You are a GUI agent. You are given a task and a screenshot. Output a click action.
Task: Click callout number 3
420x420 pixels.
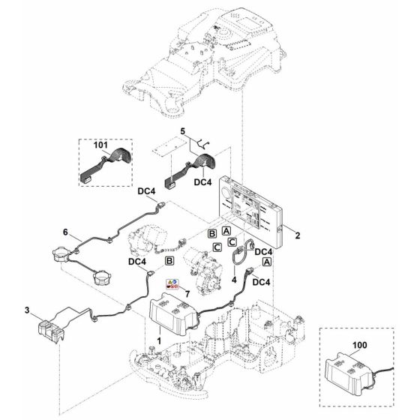pos(28,310)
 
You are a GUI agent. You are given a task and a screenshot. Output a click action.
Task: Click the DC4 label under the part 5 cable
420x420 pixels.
pos(202,181)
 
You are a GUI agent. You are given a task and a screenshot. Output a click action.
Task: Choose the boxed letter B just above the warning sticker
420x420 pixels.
pos(170,260)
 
